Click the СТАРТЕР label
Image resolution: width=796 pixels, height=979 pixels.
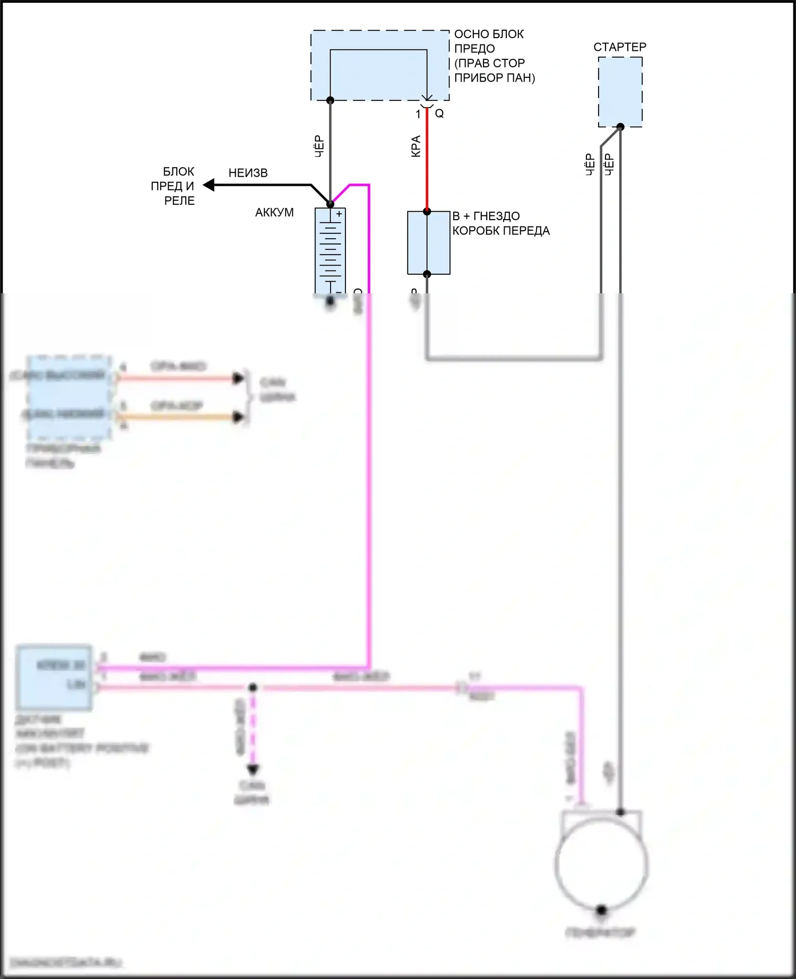(619, 47)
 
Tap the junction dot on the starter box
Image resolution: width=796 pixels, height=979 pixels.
(620, 126)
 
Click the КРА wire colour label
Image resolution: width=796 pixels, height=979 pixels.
(416, 146)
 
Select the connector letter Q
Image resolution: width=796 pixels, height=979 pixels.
(439, 113)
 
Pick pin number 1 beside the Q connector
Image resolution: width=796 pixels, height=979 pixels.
(418, 114)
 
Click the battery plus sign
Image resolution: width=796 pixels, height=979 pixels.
(339, 214)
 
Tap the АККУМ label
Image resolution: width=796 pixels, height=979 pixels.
(274, 213)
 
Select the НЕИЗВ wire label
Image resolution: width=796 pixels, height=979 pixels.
(248, 173)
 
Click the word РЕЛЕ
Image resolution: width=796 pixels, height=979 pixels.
(179, 201)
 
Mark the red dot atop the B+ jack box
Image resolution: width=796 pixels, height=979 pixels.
(427, 212)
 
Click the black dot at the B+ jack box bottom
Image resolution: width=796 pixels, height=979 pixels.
(427, 274)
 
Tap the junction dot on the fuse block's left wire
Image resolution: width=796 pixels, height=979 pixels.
(330, 100)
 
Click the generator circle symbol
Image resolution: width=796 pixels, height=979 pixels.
(601, 863)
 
